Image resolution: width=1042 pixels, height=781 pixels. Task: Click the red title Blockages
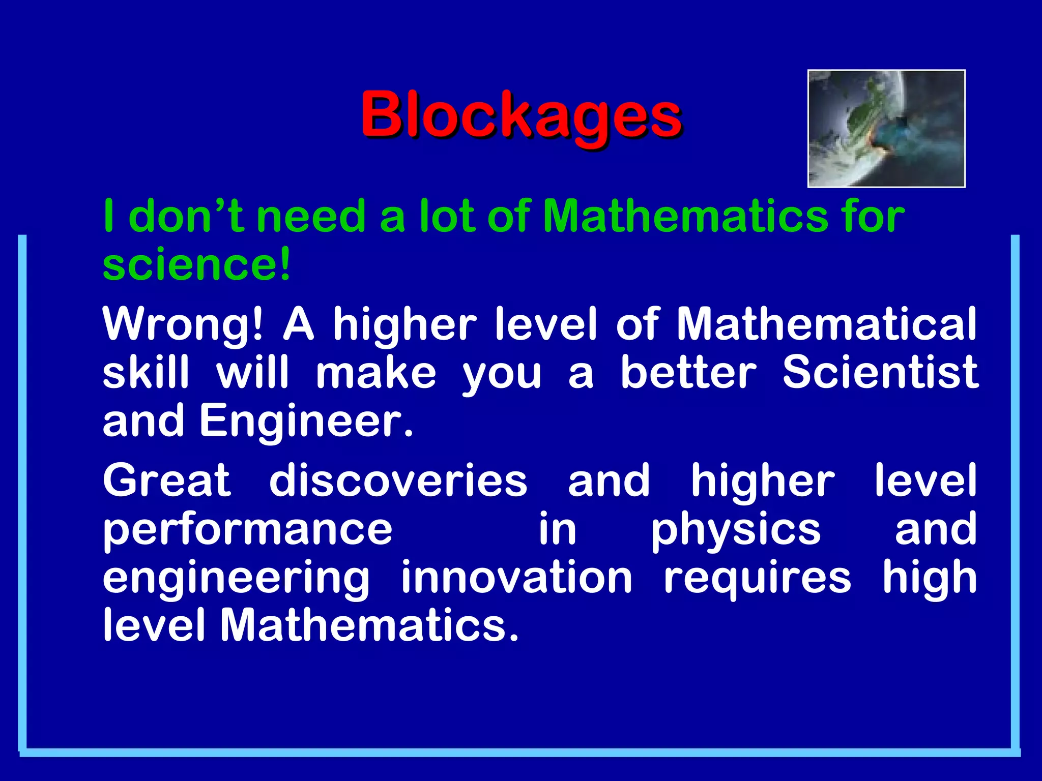(x=522, y=116)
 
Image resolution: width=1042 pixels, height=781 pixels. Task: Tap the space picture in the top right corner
(x=886, y=129)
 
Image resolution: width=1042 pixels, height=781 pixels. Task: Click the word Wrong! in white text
(x=183, y=325)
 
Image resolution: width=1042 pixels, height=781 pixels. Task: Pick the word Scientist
(x=880, y=373)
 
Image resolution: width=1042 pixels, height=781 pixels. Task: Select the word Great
(x=167, y=480)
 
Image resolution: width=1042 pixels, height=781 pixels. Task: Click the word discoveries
(x=398, y=480)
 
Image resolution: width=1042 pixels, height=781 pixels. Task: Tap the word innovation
(x=516, y=578)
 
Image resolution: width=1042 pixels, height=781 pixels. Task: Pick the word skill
(x=147, y=373)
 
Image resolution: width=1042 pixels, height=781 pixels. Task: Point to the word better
(x=688, y=373)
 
